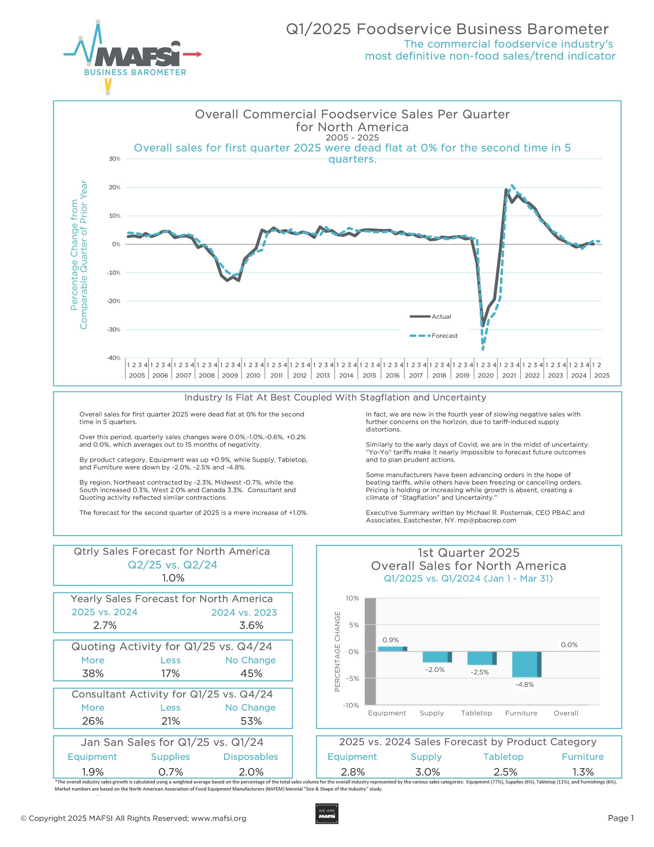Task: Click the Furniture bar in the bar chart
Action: tap(526, 664)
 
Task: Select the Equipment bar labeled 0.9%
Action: tap(392, 648)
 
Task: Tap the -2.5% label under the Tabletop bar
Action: tap(480, 672)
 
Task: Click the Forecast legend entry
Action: tap(444, 336)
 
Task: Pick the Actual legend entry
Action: tap(441, 317)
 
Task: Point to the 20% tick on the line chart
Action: tap(115, 187)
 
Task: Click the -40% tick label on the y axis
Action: tap(114, 358)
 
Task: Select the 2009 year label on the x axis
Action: tap(230, 375)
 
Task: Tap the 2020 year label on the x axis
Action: tap(486, 375)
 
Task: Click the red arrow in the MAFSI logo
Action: tap(193, 54)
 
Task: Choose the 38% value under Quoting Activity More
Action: tap(93, 673)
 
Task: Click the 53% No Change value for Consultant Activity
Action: tap(251, 721)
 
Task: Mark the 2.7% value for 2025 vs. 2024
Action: tap(105, 625)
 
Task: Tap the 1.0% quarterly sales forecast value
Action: tap(173, 578)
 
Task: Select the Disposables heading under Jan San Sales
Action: tap(251, 757)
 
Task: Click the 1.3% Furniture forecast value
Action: tap(583, 772)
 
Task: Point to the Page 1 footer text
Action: tap(621, 818)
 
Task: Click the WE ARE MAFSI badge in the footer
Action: tap(327, 814)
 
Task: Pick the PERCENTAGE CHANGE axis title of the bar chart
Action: tap(337, 651)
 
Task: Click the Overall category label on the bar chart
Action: tap(566, 713)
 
